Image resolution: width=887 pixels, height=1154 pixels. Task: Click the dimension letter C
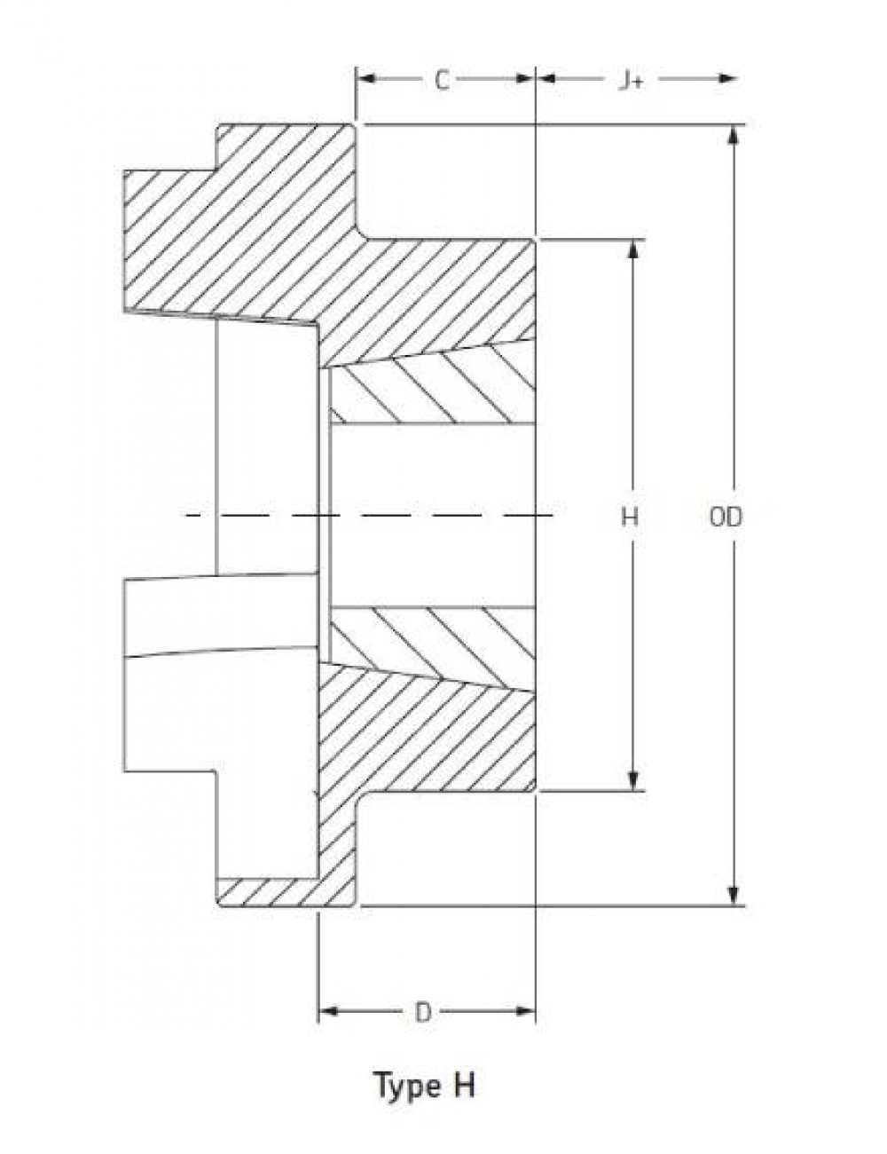(442, 81)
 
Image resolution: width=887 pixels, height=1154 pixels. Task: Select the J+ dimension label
(630, 81)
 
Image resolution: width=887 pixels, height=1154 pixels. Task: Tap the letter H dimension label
(630, 516)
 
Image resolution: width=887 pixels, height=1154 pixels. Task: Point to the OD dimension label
(726, 516)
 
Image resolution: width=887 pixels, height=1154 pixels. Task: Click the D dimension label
(424, 1012)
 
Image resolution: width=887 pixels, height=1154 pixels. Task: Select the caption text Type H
(424, 1085)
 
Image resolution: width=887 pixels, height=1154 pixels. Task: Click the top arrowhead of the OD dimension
(734, 135)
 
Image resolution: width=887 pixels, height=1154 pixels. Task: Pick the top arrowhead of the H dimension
(632, 249)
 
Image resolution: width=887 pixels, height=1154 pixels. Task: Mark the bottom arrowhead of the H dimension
(632, 780)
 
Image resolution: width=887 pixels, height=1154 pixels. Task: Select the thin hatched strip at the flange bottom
(266, 892)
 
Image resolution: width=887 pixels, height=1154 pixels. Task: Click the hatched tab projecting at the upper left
(169, 240)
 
